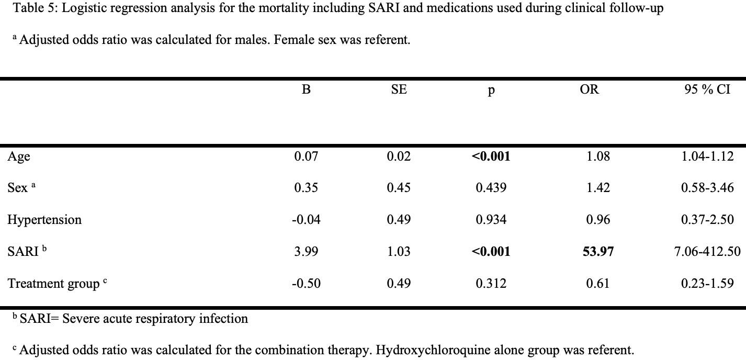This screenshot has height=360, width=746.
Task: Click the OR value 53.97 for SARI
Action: pyautogui.click(x=598, y=252)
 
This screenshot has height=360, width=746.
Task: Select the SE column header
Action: pyautogui.click(x=399, y=89)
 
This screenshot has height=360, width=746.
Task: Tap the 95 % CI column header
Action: pyautogui.click(x=707, y=89)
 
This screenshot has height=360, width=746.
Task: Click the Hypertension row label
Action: pyautogui.click(x=44, y=220)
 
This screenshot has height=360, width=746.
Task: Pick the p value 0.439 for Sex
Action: pyautogui.click(x=491, y=188)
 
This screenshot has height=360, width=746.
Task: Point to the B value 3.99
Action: pyautogui.click(x=306, y=252)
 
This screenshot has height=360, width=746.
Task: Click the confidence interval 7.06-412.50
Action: pyautogui.click(x=707, y=252)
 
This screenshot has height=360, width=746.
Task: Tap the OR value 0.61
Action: pyautogui.click(x=598, y=284)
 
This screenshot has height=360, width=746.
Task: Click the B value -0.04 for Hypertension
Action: pyautogui.click(x=306, y=220)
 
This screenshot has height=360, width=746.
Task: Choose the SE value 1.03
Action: pyautogui.click(x=399, y=252)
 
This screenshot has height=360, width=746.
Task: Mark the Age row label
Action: pyautogui.click(x=19, y=156)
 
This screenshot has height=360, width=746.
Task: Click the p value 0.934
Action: pyautogui.click(x=491, y=220)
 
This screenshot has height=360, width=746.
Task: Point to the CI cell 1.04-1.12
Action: pyautogui.click(x=707, y=156)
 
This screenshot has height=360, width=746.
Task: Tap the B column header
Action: pyautogui.click(x=306, y=89)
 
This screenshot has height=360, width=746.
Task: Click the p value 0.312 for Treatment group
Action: pyautogui.click(x=491, y=284)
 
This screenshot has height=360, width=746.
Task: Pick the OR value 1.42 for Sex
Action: pyautogui.click(x=598, y=188)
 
